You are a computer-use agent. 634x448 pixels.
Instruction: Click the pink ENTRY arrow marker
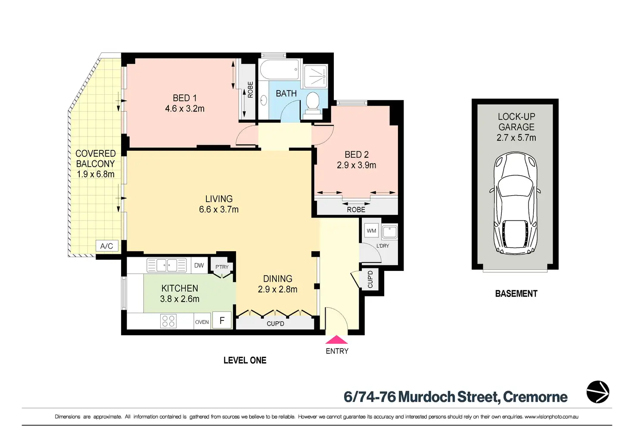coord(336,339)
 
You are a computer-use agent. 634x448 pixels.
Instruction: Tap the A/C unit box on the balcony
coord(107,246)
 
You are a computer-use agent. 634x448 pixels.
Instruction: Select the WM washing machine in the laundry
coord(371,230)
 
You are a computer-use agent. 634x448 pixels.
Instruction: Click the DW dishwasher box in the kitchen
coord(199,265)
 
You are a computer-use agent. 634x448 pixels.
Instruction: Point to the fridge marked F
coord(222,320)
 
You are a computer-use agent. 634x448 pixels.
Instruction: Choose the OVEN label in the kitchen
coord(202,322)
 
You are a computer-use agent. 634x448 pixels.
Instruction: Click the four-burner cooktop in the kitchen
coord(168,321)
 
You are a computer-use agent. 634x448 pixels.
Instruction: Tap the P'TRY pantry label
coord(222,267)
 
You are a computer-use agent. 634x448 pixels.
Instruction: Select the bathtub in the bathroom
coord(279,70)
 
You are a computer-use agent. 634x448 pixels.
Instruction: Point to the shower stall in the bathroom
coord(316,76)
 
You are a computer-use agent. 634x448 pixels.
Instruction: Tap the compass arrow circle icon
coord(598,392)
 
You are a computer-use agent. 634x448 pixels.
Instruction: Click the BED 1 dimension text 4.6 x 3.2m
coord(185,109)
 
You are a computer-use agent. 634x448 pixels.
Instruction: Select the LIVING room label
coord(219,199)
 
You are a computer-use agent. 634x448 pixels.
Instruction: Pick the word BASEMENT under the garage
coord(516,294)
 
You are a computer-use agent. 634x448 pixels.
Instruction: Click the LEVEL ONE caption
coord(245,360)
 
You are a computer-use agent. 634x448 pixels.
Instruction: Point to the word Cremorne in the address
coord(535,397)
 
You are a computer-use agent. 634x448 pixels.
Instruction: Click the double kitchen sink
coord(167,265)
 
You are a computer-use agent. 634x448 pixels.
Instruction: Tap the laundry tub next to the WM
coord(390,232)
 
